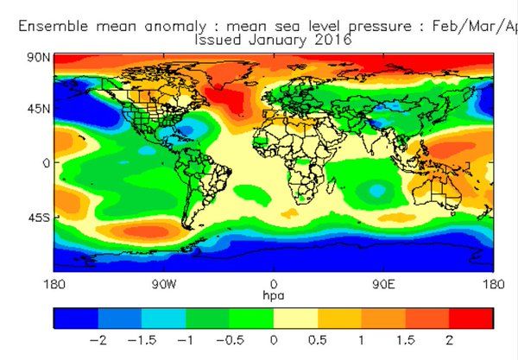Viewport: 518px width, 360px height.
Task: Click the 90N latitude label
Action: (39, 58)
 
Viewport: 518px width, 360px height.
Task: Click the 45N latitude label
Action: (39, 108)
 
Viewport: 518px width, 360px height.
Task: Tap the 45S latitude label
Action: (39, 218)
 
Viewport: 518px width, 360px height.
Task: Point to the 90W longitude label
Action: (164, 284)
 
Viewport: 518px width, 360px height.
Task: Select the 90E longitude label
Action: (383, 284)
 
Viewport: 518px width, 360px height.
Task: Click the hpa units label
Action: (274, 295)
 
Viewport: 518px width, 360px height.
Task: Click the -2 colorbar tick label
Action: (98, 340)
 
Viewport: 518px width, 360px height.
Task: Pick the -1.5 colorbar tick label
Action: (142, 340)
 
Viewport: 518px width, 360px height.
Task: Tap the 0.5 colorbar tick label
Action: (318, 340)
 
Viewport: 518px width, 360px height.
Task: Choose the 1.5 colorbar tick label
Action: (406, 340)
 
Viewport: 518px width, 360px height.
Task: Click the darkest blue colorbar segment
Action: (76, 319)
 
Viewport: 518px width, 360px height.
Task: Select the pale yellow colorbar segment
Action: (295, 319)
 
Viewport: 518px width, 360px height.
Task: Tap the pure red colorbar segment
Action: (471, 319)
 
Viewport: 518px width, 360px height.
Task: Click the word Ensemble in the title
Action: (54, 26)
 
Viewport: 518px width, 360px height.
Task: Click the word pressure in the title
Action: (380, 27)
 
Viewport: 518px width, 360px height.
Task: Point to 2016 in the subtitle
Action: (332, 40)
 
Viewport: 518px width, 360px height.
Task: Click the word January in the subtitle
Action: (277, 41)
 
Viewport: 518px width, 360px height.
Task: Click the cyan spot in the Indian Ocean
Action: (377, 191)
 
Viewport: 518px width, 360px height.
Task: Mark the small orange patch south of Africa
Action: (290, 213)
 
